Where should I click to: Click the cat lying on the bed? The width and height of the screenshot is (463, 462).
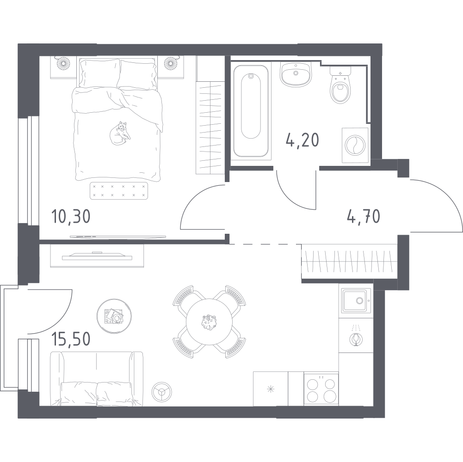point(119,134)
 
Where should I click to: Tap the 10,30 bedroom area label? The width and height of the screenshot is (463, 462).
point(71,216)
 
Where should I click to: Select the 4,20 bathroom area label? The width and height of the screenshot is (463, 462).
point(302,140)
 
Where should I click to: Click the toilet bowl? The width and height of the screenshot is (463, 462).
point(340,85)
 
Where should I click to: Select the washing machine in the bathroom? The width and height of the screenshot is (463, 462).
point(355,145)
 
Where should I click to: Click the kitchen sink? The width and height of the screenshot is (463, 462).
point(356,301)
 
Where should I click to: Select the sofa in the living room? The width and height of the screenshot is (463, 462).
point(97,379)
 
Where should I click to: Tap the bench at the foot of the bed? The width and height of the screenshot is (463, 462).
point(119,191)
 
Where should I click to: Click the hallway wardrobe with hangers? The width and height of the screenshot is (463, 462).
point(349,261)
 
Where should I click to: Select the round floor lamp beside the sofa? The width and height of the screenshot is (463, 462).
point(161,391)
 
